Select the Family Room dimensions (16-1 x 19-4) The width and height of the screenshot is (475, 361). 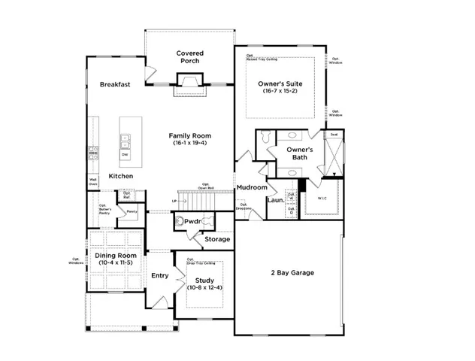[189, 143]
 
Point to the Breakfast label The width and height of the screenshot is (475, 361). [116, 85]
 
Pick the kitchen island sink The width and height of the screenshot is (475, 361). [125, 140]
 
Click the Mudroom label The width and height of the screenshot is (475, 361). [251, 187]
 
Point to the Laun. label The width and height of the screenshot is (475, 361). [274, 200]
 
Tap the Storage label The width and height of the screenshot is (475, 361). [217, 240]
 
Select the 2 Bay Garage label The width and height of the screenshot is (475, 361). [292, 272]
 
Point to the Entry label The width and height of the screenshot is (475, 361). [159, 276]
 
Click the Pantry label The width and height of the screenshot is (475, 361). [132, 212]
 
